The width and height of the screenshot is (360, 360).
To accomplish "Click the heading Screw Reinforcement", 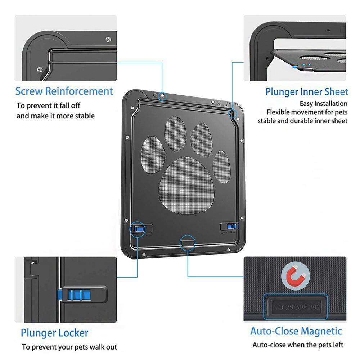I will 64,91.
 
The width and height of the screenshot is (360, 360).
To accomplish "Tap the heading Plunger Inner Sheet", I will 307,92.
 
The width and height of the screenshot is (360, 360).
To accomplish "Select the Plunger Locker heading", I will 54,332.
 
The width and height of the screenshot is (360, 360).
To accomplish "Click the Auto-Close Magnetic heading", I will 296,331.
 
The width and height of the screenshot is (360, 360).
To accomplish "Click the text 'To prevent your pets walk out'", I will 69,347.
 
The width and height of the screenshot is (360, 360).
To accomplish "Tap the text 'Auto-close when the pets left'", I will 298,345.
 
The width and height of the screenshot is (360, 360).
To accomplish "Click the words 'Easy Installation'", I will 324,104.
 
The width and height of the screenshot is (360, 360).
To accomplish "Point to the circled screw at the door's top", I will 163,95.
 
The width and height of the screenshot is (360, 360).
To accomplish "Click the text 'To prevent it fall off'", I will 49,105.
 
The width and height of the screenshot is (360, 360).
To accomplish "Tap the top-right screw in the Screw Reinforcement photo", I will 108,39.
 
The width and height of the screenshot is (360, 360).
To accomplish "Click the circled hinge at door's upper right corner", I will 233,114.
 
